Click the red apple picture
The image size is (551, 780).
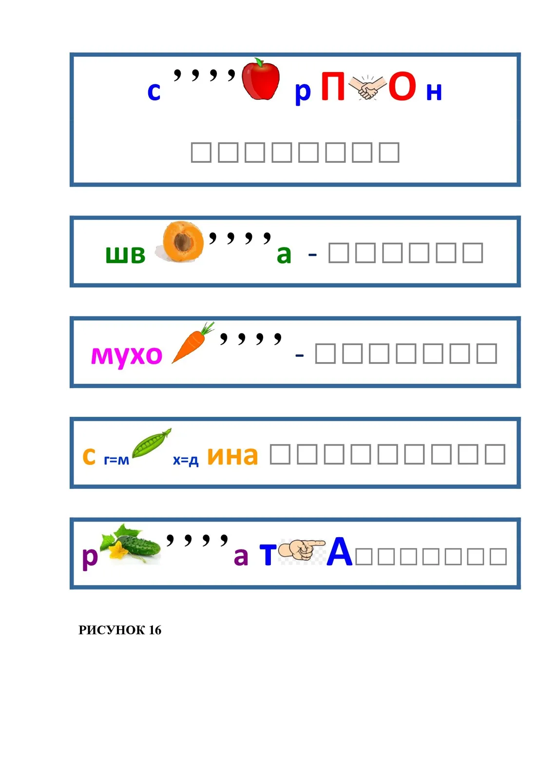[260, 79]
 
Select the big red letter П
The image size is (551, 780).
[332, 86]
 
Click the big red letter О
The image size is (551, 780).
[402, 86]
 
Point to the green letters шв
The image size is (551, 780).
[125, 254]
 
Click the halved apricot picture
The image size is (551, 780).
[180, 242]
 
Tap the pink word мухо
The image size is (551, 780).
[127, 356]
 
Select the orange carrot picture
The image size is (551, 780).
[193, 342]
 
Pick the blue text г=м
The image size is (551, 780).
[116, 460]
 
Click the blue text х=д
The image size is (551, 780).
[186, 460]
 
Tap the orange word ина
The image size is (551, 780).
[232, 456]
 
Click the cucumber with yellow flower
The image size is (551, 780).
[130, 544]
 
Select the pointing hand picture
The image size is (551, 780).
[301, 550]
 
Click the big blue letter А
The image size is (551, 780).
[339, 551]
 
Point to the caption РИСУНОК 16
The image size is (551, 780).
[120, 630]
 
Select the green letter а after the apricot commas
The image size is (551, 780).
[284, 254]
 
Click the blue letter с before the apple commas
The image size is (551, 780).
[154, 92]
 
